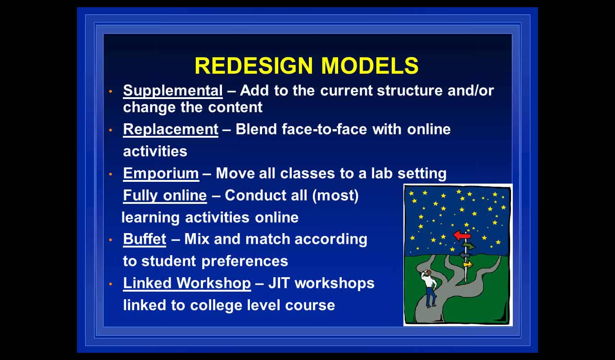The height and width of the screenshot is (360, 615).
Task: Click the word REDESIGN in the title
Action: (x=254, y=66)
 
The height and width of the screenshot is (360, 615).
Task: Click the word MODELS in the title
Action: (x=370, y=66)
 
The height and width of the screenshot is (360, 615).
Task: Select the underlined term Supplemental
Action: (x=173, y=90)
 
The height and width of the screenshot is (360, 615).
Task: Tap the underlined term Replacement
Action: (x=171, y=129)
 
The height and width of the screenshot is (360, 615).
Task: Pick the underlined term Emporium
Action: (x=161, y=174)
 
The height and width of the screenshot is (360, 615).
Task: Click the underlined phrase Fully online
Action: (x=165, y=196)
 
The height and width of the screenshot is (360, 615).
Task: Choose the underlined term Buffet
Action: (x=145, y=239)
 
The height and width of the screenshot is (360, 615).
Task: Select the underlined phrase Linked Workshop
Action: (x=187, y=283)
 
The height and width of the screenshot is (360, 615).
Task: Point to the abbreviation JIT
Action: (x=279, y=283)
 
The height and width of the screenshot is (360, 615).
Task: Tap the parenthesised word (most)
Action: (x=335, y=196)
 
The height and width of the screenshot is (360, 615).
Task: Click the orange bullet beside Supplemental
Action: (x=111, y=91)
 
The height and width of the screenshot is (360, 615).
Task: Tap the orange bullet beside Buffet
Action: (x=111, y=239)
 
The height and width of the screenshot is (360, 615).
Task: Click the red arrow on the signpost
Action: (x=462, y=235)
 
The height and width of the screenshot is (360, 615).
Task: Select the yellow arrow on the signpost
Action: (x=468, y=265)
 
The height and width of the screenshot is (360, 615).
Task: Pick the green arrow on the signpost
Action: (x=469, y=246)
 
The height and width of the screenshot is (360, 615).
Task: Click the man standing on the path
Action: (x=430, y=288)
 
